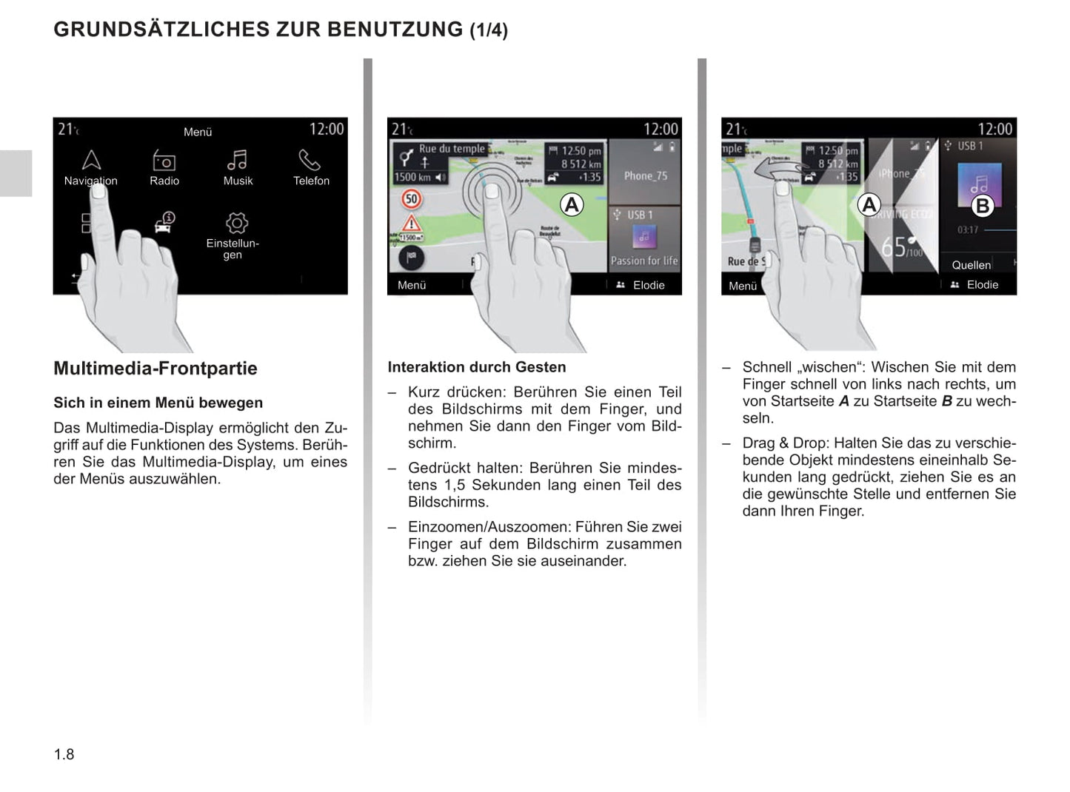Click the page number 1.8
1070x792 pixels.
[64, 754]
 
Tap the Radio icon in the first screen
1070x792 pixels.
[164, 161]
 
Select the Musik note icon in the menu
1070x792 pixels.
[237, 160]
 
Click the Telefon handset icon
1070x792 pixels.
[310, 160]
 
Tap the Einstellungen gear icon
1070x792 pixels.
[236, 223]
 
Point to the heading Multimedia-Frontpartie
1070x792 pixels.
[156, 368]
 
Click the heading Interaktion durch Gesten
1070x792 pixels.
[476, 367]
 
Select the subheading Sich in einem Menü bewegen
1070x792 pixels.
[158, 403]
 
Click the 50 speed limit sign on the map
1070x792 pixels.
[412, 198]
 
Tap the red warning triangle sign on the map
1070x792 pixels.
[411, 223]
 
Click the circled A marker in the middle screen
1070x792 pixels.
[571, 204]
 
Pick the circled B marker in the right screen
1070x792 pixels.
[982, 206]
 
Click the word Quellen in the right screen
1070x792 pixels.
[971, 265]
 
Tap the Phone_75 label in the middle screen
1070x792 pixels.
[645, 176]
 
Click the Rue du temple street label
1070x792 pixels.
[452, 149]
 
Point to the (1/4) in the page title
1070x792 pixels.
[489, 30]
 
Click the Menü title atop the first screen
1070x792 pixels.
[198, 132]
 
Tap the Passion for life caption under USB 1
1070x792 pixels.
[644, 261]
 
